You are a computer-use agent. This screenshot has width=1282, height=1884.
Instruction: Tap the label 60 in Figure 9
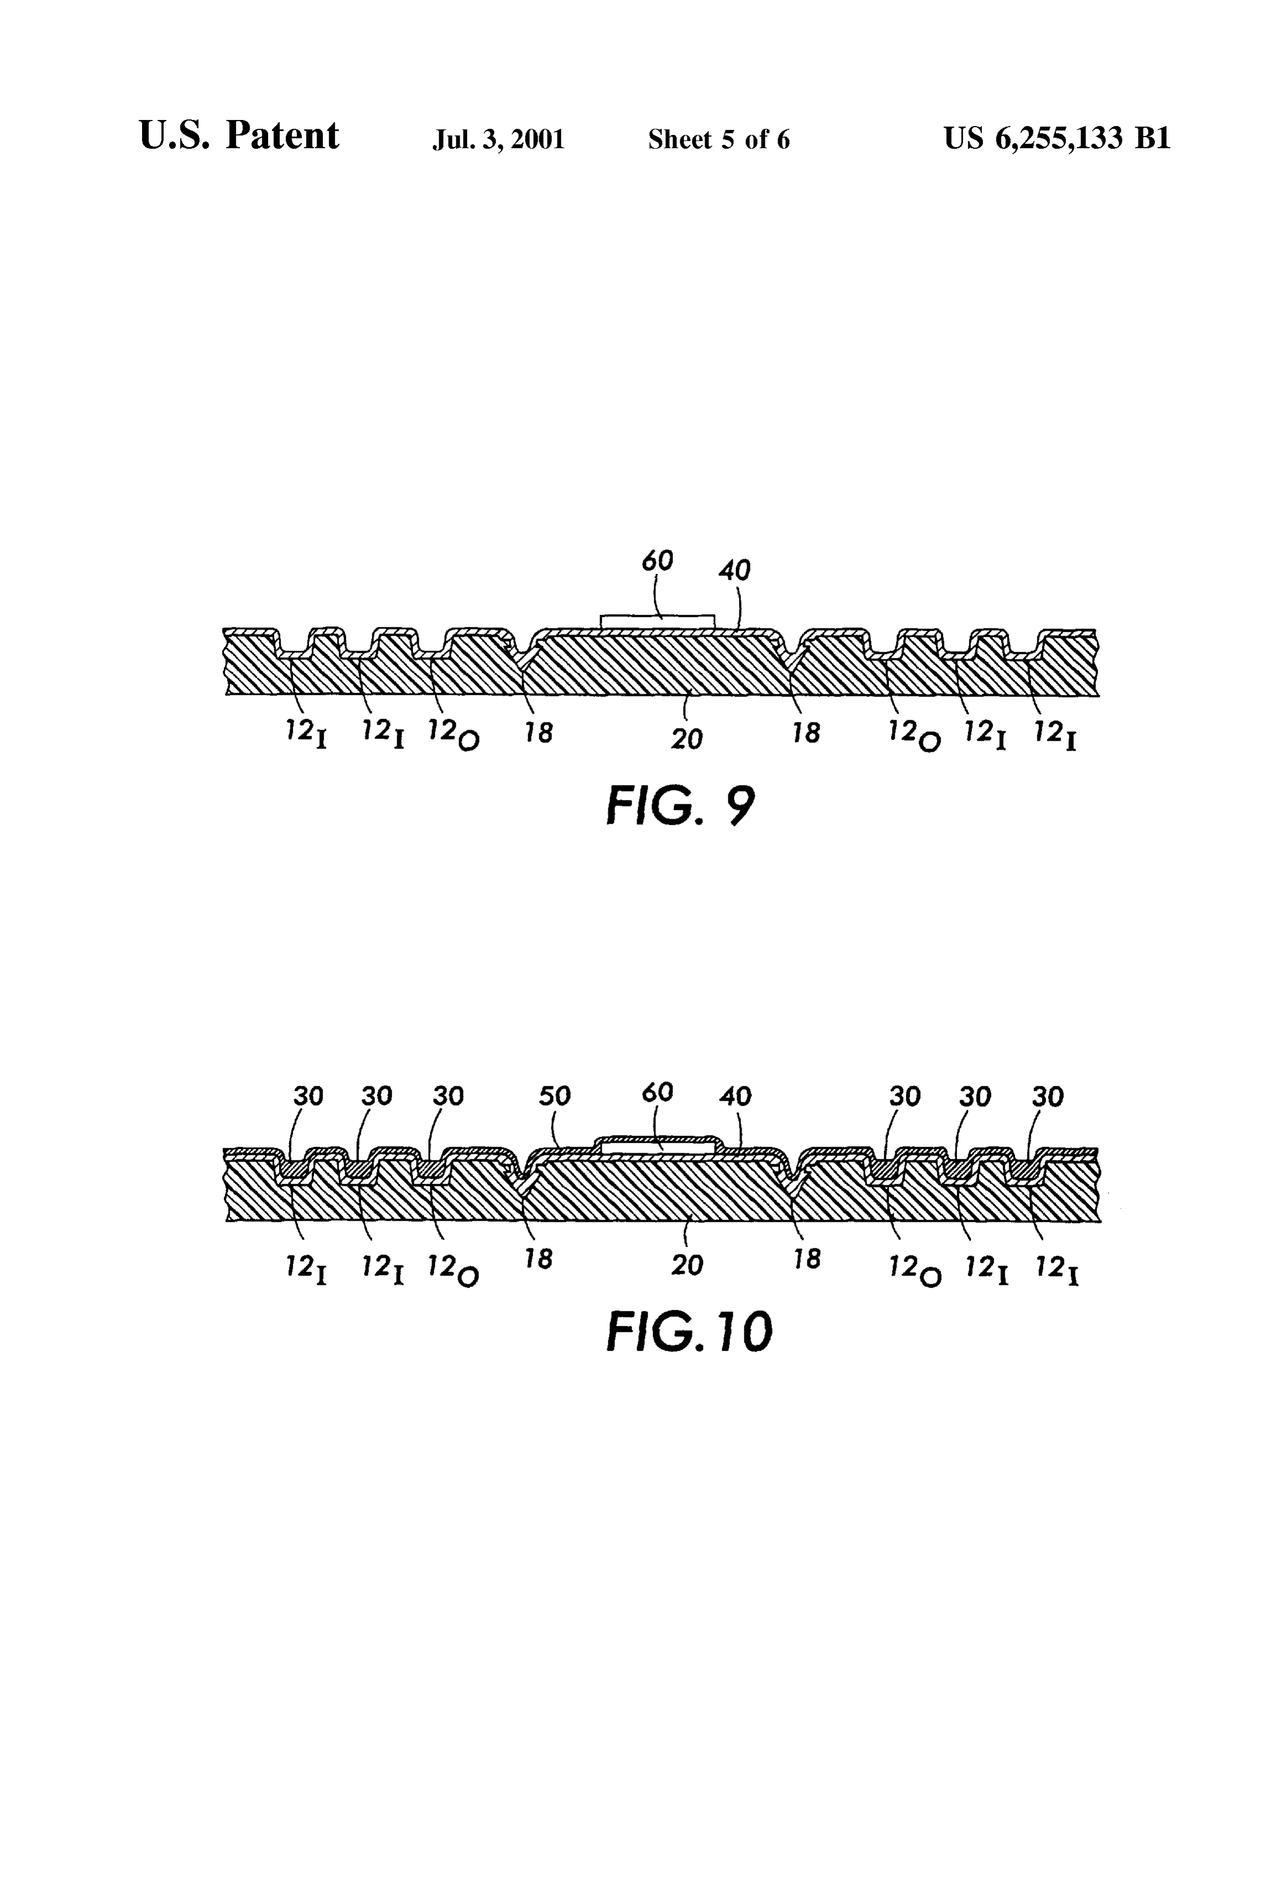[657, 560]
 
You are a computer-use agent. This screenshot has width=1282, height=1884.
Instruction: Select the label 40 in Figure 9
[735, 570]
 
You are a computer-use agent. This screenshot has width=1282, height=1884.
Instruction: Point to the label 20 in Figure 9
[686, 739]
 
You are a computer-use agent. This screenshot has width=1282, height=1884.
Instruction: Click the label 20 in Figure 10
[686, 1265]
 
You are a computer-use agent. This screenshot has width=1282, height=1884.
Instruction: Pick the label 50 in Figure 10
[555, 1096]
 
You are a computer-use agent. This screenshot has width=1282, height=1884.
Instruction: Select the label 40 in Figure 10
[735, 1096]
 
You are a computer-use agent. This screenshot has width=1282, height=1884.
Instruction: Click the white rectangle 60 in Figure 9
[657, 621]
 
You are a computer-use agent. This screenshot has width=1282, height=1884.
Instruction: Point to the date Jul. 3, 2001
[498, 139]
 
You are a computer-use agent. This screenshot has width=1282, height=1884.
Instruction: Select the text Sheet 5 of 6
[719, 139]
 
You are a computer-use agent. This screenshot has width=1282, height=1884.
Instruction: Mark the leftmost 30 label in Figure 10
[308, 1096]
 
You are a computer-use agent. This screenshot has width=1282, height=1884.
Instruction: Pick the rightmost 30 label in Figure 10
[1047, 1096]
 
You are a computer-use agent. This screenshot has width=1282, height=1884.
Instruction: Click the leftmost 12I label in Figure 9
[306, 735]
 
